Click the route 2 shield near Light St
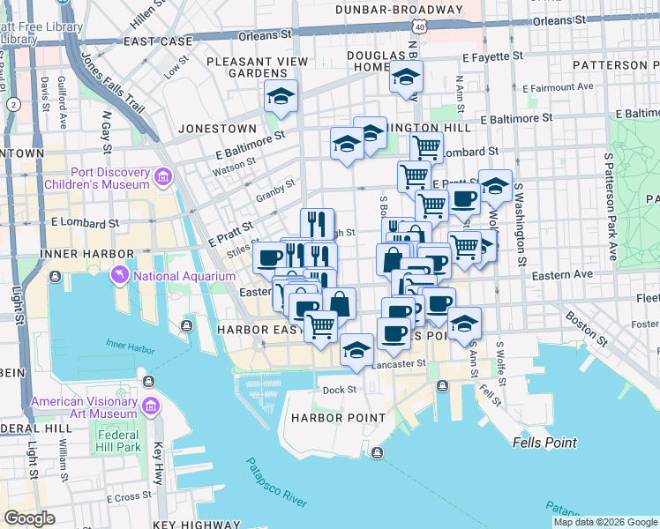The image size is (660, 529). click(x=13, y=104)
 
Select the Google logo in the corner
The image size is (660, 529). click(x=29, y=518)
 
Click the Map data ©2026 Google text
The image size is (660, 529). click(x=604, y=522)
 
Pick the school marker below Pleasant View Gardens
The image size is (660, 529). click(x=281, y=98)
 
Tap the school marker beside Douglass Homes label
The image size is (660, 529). click(x=406, y=78)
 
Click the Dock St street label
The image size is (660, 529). click(x=339, y=389)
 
